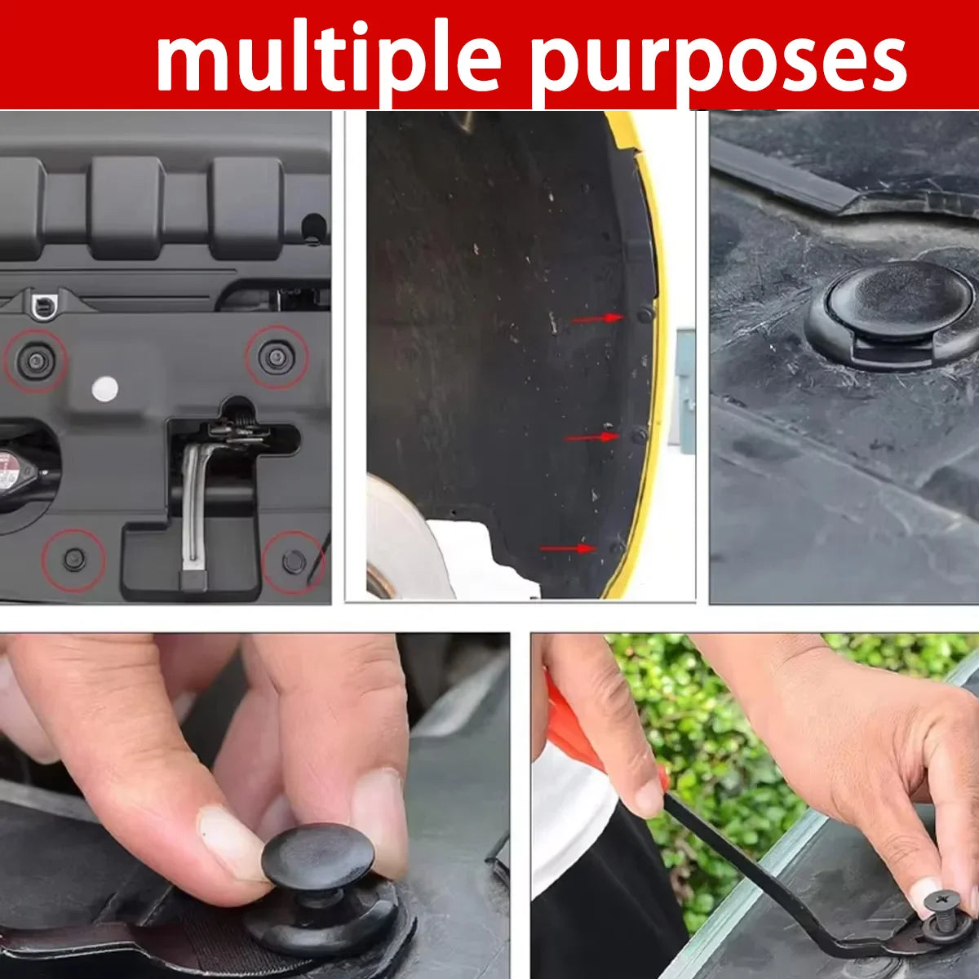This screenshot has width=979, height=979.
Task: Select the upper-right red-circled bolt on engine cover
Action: coord(276,357)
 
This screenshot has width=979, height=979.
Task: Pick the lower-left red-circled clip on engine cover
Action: coord(75,559)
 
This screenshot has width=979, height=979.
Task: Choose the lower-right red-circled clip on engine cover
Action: coord(293,560)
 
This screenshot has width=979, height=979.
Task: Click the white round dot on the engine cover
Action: coord(105,389)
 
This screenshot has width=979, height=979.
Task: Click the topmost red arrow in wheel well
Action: coord(598,318)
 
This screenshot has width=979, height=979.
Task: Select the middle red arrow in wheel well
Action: coord(591,437)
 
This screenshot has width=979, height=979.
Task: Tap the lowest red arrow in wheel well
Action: coord(568,547)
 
